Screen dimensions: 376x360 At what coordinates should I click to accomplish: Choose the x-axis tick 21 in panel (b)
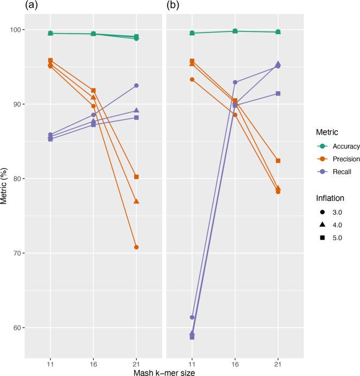[278, 359]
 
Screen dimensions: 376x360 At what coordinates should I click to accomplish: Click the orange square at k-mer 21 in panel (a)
[136, 177]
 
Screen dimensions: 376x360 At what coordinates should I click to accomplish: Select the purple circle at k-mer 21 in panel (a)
[136, 86]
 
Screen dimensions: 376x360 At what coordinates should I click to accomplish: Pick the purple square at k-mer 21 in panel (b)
[278, 93]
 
